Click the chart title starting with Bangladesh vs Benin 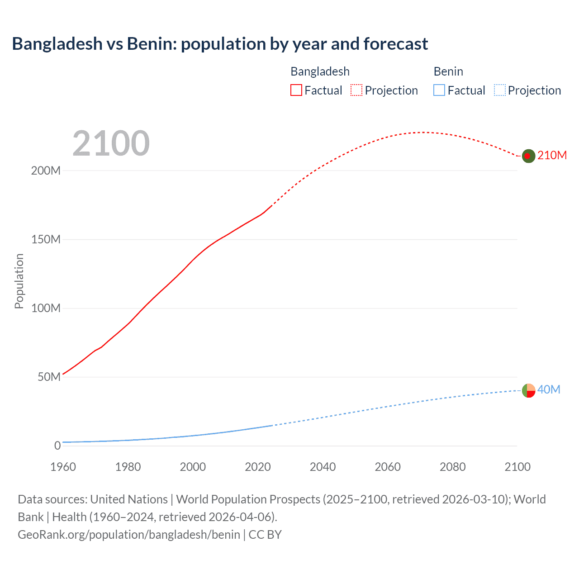[x=220, y=44]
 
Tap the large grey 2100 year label [x=111, y=143]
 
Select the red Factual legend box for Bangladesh [x=296, y=90]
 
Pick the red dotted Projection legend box [x=356, y=90]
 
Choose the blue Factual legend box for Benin [x=439, y=90]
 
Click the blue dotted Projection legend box [x=499, y=90]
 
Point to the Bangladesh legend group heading [x=320, y=71]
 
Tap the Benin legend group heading [x=448, y=71]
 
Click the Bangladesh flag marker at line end [x=528, y=156]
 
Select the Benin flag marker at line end [x=528, y=390]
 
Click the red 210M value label [x=552, y=155]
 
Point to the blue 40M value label [x=549, y=389]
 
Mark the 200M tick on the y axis [x=46, y=171]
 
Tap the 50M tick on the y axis [x=49, y=377]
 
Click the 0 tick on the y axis [x=57, y=446]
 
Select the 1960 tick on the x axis [x=63, y=467]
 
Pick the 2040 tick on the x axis [x=323, y=467]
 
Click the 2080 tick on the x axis [x=452, y=467]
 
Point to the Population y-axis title [x=19, y=281]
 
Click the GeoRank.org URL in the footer [x=129, y=535]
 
